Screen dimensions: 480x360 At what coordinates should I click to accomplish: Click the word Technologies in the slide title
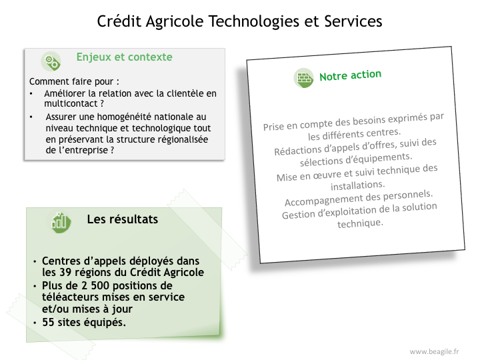point(254,22)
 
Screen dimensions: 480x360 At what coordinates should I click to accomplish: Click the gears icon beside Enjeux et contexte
point(51,61)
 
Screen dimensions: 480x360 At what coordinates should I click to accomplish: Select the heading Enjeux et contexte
point(124,57)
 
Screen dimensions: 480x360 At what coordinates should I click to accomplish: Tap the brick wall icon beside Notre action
point(304,78)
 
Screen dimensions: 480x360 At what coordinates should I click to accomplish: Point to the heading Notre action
point(350,75)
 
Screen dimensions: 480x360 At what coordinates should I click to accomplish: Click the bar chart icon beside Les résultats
point(61,222)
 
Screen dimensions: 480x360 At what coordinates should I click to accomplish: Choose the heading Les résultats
point(123,219)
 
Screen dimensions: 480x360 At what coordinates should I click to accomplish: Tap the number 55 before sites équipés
point(49,323)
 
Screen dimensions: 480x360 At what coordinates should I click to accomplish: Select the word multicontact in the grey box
point(71,104)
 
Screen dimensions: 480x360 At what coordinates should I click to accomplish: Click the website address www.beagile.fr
point(435,351)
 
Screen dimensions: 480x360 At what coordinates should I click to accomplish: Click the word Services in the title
point(353,22)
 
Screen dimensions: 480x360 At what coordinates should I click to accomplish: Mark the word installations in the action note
point(357,185)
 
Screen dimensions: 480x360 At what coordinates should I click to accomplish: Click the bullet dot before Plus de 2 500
point(35,287)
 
